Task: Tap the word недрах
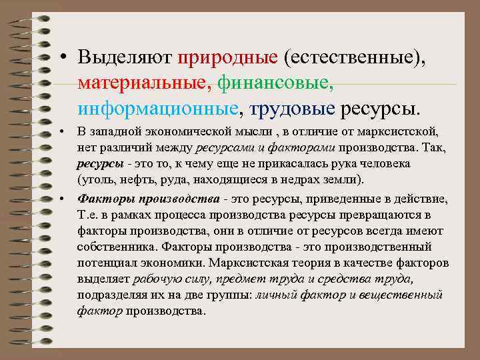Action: click(x=298, y=180)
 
